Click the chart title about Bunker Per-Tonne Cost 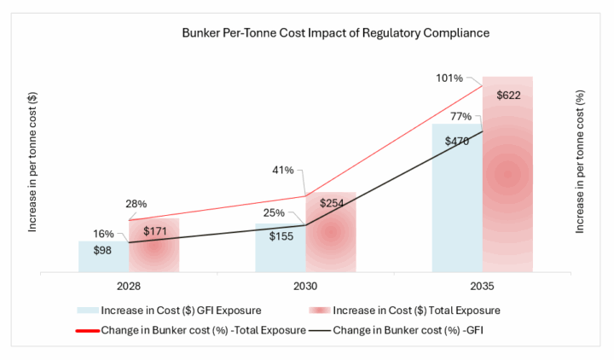336,33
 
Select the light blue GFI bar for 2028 104,257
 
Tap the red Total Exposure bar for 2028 154,245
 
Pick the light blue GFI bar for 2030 281,248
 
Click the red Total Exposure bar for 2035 507,174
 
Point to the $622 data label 508,96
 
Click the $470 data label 457,141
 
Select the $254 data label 332,203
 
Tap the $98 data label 102,250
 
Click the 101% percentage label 449,78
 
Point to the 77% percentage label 460,116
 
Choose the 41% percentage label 283,170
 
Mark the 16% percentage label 103,234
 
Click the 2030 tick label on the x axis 305,287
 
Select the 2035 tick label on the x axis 482,287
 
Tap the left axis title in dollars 32,162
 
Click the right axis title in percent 580,162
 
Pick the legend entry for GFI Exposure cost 169,311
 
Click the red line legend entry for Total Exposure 191,330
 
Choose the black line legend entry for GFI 396,330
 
